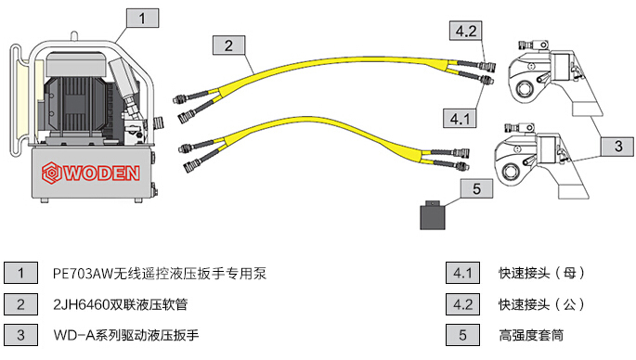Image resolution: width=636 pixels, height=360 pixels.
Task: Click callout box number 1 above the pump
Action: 141,18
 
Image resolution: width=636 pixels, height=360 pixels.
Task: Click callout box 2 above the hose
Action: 227,44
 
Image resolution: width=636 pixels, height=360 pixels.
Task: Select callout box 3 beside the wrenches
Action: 617,146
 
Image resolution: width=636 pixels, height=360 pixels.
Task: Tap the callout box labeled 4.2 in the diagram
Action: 464,31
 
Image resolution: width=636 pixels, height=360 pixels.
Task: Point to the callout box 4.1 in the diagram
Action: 461,118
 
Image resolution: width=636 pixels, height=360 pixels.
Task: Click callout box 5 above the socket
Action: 476,189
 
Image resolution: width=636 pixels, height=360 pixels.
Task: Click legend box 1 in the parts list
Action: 20,273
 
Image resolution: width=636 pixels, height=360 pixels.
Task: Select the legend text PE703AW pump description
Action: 161,273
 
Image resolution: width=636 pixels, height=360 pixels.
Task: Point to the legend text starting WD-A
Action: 127,333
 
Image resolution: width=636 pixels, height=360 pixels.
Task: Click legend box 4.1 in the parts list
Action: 462,273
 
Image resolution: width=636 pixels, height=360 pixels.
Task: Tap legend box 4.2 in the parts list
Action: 462,303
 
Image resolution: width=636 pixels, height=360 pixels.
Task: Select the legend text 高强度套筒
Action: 531,333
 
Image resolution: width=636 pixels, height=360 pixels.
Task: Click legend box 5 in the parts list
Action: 462,333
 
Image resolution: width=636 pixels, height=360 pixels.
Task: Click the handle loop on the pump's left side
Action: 14,102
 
